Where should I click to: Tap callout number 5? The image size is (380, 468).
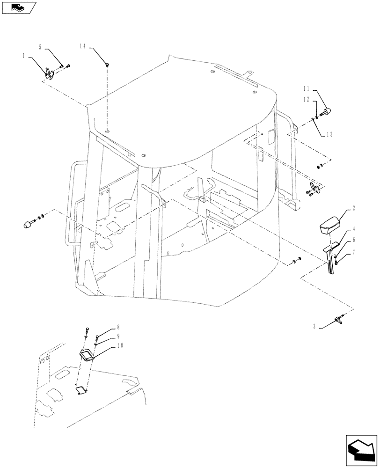40,47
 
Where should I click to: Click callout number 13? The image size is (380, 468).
330,134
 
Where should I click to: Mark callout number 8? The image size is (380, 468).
119,328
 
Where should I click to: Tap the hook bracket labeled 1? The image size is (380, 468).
49,72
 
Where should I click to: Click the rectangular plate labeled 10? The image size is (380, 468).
87,355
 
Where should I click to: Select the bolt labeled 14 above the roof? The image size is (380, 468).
107,64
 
